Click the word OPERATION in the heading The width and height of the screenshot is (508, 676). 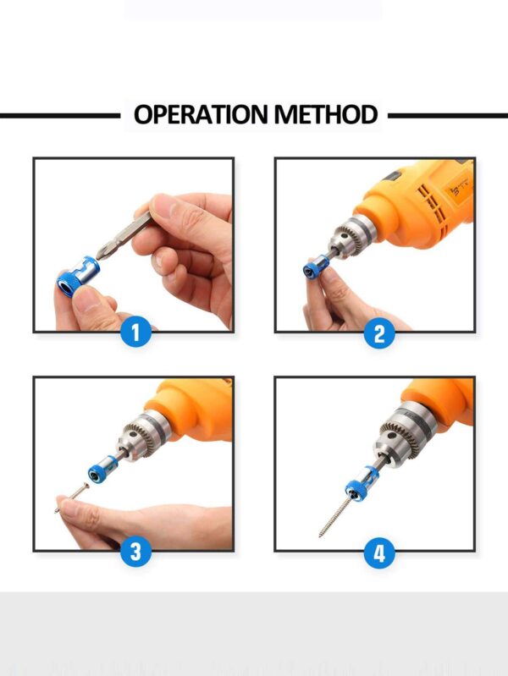202,114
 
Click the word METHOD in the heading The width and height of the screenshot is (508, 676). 326,114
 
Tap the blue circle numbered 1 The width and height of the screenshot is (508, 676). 136,333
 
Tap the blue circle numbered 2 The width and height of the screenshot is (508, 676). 379,333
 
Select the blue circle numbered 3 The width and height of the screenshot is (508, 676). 136,551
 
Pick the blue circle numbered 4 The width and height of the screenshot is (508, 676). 379,552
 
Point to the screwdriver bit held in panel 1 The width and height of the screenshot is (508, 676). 124,235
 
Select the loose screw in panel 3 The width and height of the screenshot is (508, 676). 72,498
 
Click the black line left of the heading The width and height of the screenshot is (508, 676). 60,116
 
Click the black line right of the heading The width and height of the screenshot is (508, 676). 448,116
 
